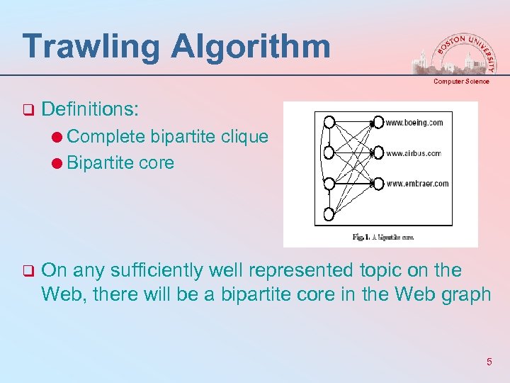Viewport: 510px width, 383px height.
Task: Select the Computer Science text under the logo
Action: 461,82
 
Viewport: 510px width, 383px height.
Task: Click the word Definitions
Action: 91,109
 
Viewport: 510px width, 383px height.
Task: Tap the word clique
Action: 244,136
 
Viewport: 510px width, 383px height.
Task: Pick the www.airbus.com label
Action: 413,153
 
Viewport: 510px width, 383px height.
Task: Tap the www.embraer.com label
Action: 417,184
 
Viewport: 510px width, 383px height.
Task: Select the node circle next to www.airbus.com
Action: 378,152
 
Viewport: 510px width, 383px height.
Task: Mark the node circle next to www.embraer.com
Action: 378,184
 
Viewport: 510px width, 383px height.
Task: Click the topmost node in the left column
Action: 329,121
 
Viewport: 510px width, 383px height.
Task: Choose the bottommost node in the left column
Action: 329,214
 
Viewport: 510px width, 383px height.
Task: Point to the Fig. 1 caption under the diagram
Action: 382,237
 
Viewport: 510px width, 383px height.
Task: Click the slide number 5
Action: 489,362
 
